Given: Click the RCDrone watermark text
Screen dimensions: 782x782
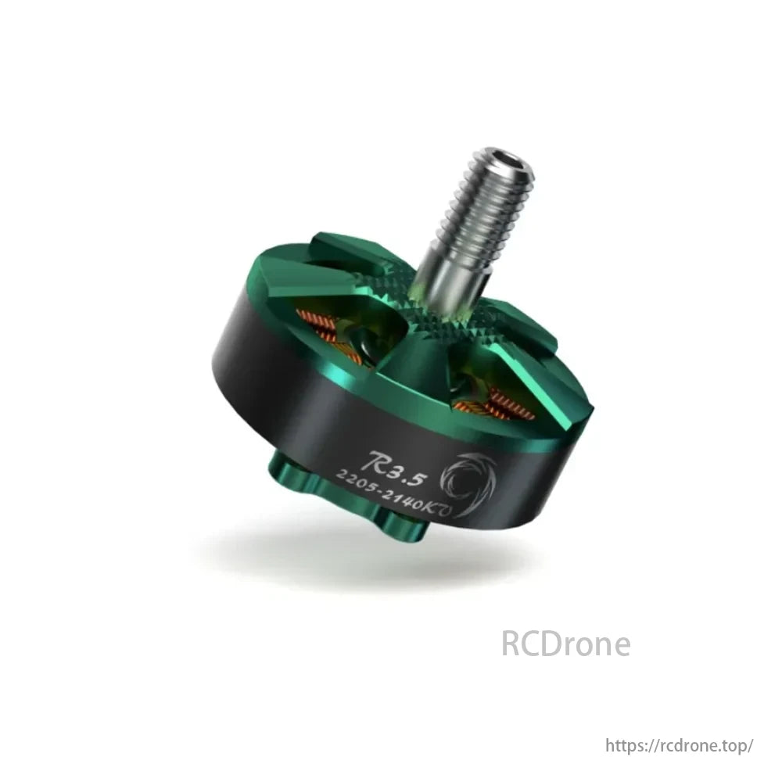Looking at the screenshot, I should (x=565, y=644).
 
